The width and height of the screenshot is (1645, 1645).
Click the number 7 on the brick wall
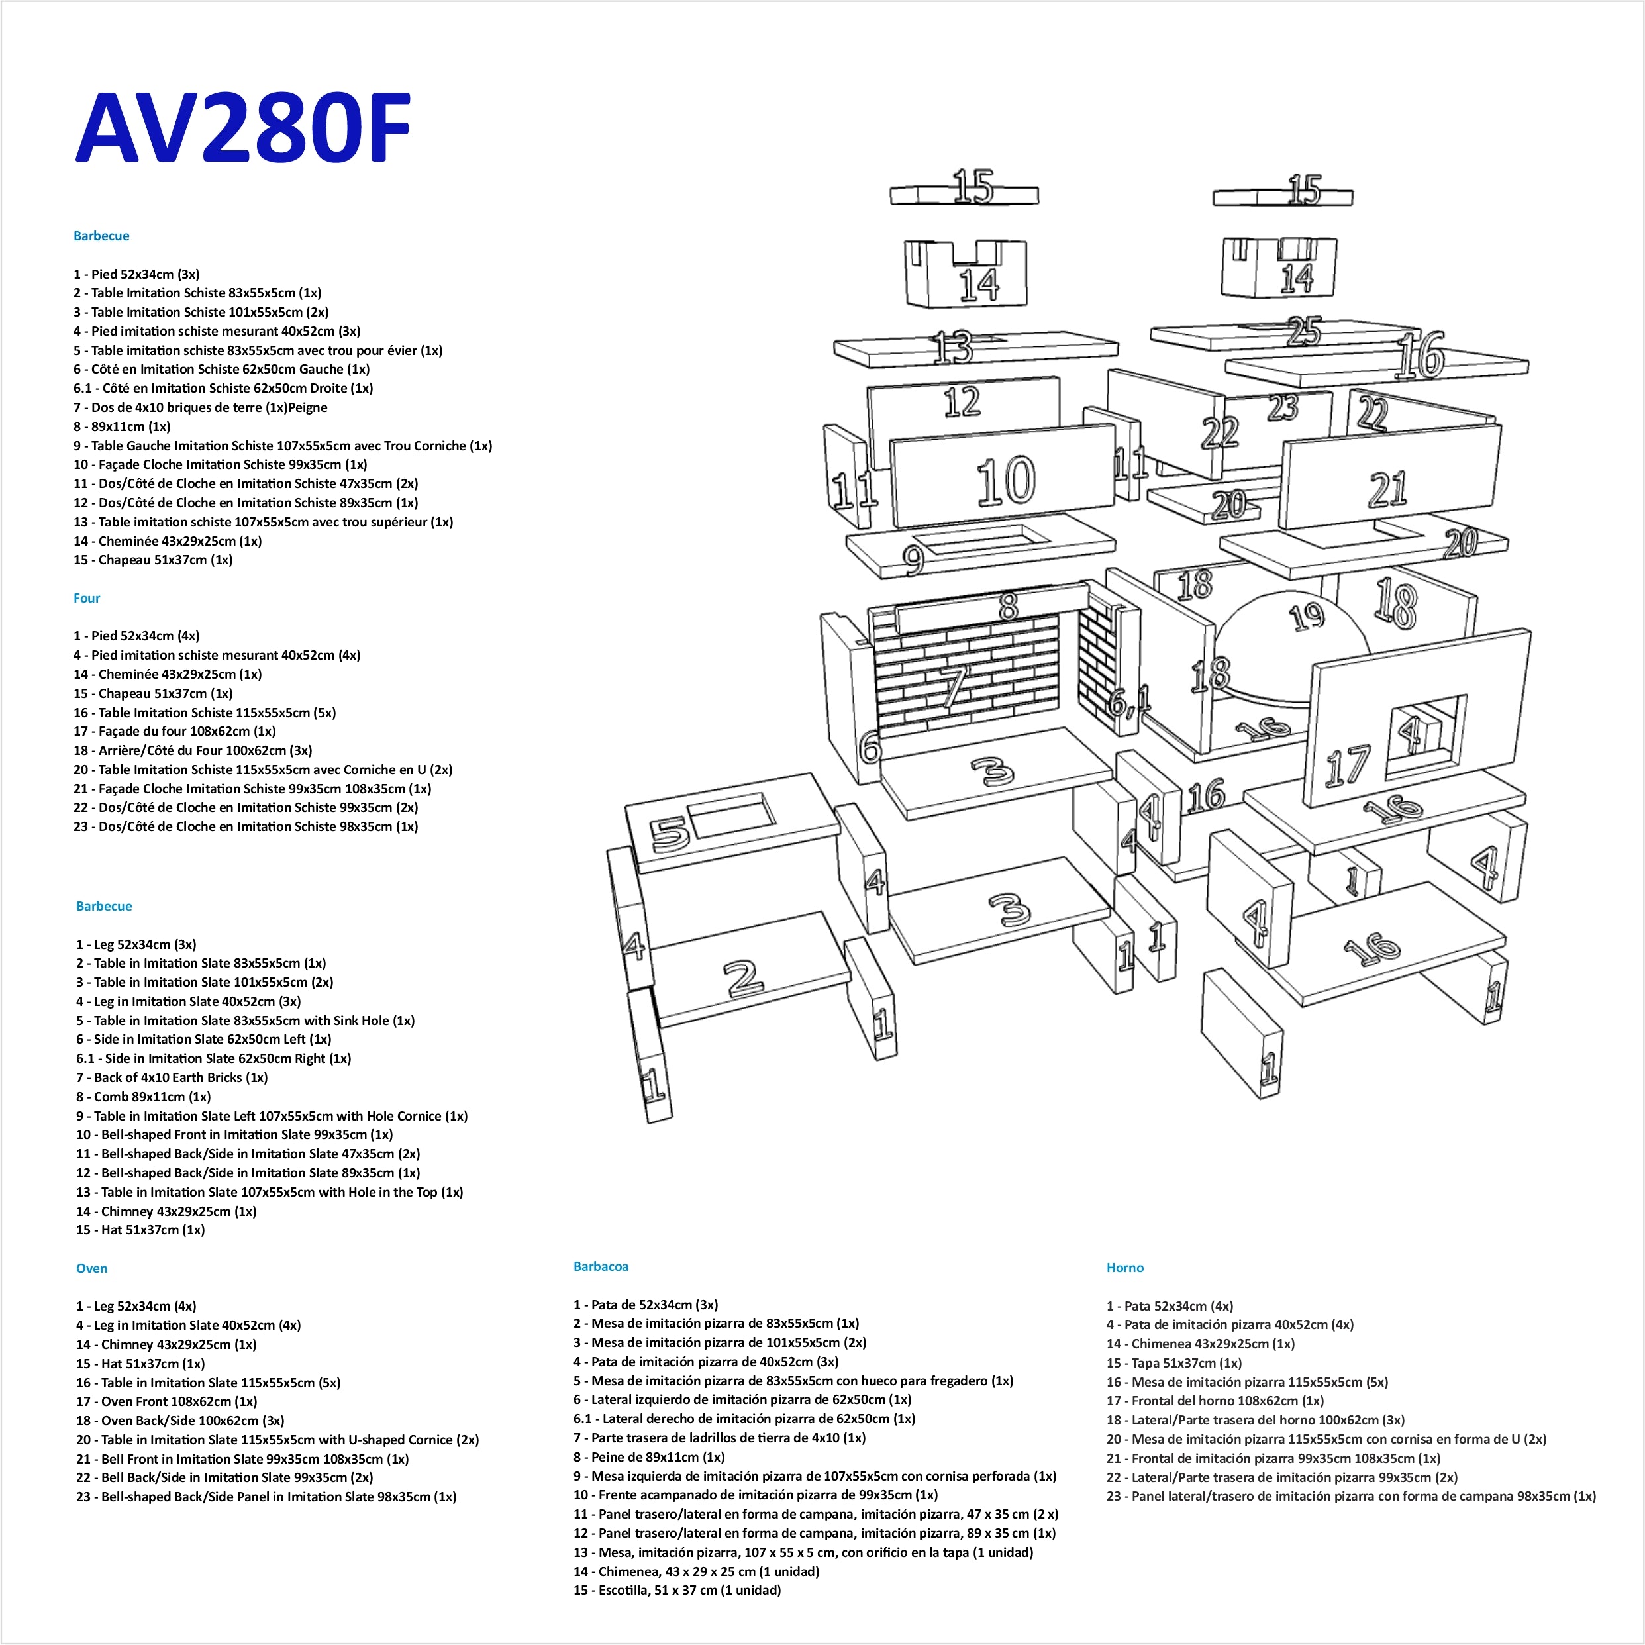click(956, 686)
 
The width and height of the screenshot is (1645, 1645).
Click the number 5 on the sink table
click(670, 834)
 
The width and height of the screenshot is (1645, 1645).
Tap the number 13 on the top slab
click(953, 348)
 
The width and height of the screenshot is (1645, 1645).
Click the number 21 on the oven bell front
click(1388, 489)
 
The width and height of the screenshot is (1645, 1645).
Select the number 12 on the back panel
click(962, 402)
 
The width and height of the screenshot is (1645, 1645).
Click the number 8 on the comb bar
click(1008, 606)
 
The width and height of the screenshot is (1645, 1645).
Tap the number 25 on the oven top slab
click(1303, 331)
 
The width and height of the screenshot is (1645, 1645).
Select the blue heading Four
click(87, 598)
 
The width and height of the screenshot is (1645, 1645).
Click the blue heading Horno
click(1124, 1268)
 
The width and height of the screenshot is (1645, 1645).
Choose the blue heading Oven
click(92, 1268)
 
